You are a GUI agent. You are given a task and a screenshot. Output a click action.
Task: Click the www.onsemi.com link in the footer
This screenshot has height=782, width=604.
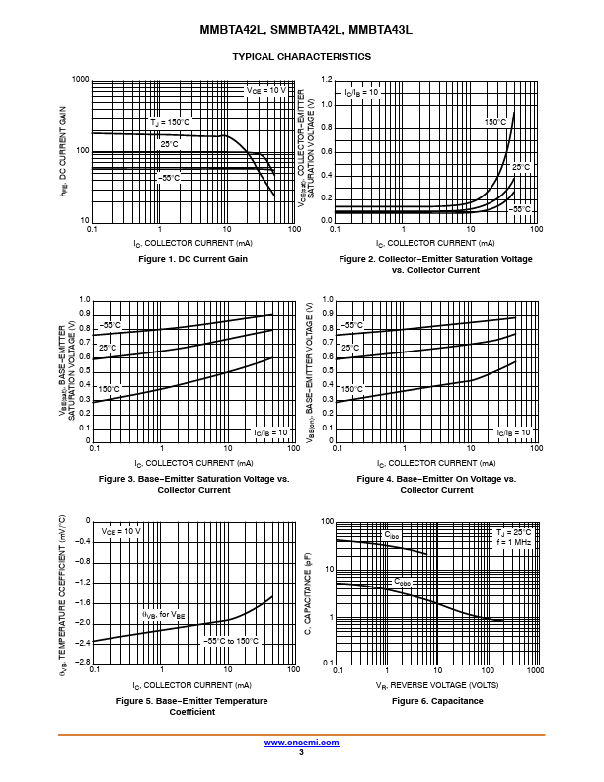click(301, 742)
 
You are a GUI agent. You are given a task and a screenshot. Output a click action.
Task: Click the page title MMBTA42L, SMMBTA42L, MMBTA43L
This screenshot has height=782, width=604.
click(301, 31)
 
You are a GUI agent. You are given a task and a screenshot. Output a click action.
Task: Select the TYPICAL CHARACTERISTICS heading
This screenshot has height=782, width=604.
click(301, 57)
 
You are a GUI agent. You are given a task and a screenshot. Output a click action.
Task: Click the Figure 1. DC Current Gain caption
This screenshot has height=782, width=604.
click(192, 259)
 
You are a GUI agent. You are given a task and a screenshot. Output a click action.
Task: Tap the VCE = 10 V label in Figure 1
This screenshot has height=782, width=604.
click(265, 90)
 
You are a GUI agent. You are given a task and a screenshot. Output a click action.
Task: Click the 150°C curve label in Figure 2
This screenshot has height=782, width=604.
click(494, 121)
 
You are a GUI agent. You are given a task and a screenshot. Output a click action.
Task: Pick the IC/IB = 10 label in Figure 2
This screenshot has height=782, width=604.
click(361, 92)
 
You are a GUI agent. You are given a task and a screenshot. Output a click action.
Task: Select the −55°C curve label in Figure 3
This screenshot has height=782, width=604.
click(109, 325)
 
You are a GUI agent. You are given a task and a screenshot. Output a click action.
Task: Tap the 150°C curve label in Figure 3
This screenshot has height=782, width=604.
click(108, 390)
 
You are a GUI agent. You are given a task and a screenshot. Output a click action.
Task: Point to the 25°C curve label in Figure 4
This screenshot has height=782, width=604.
click(351, 348)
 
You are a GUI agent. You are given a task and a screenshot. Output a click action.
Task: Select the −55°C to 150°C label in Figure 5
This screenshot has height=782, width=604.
click(231, 641)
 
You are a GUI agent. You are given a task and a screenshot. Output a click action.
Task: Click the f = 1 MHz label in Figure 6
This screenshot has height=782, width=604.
click(514, 543)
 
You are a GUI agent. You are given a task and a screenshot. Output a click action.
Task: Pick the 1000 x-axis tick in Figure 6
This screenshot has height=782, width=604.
click(535, 670)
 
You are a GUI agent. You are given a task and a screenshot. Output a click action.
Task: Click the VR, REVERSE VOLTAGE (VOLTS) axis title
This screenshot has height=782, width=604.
click(436, 684)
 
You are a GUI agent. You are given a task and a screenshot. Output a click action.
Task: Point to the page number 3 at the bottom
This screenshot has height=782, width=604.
click(301, 752)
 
